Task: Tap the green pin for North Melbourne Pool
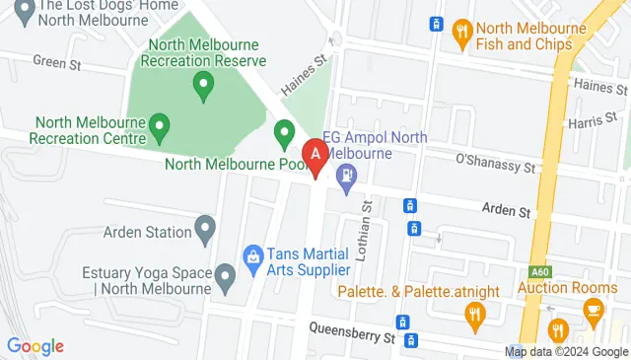point(285,131)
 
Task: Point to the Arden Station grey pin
point(206,232)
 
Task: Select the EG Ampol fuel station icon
point(346,179)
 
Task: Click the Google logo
point(35,346)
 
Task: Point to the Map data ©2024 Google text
point(566,351)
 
